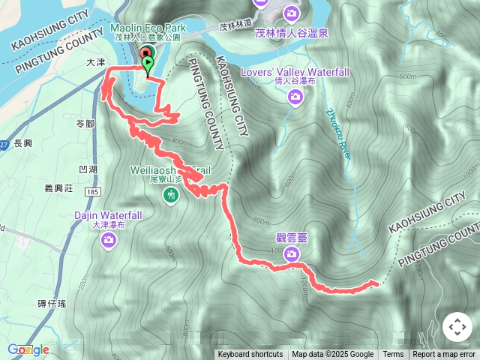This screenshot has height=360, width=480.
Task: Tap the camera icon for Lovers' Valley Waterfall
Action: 295,96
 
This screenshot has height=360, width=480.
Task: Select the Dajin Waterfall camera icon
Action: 109,239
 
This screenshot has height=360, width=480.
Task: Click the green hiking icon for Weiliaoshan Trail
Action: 172,196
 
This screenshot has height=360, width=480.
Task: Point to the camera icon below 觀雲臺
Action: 290,254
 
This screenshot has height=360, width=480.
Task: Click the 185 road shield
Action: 93,193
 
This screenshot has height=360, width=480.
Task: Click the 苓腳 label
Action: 85,123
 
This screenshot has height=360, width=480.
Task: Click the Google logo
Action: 28,349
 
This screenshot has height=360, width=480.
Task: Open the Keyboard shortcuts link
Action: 250,355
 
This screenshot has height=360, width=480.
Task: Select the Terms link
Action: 393,355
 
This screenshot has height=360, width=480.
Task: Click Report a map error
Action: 444,355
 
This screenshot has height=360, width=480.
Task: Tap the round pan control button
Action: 457,327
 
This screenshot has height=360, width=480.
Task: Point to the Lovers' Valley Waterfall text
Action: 295,72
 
